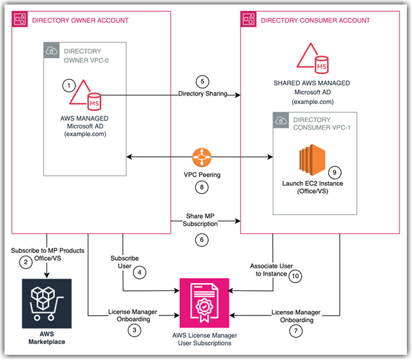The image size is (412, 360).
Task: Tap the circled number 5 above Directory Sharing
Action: point(202,82)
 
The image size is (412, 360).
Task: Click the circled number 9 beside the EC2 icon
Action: point(333,172)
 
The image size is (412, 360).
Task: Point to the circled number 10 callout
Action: point(295,275)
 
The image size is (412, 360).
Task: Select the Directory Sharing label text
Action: point(202,94)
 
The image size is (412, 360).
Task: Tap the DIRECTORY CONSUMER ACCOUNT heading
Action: point(315,21)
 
